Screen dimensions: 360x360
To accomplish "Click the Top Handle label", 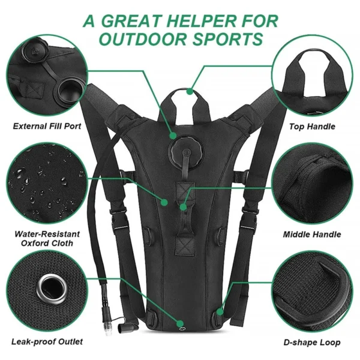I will (x=312, y=127).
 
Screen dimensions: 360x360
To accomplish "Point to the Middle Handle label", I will (x=312, y=235).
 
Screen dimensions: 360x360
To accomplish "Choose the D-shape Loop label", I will (x=312, y=343).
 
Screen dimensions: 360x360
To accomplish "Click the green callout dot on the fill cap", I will (x=174, y=136).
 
